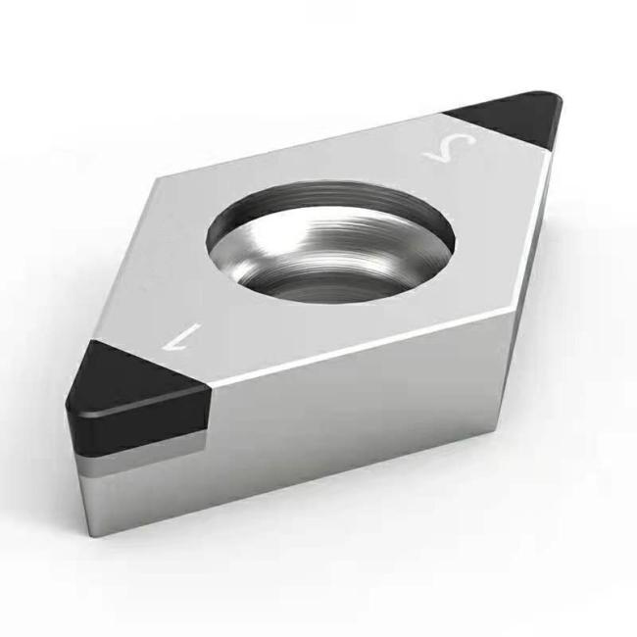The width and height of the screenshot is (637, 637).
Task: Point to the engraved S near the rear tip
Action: [451, 149]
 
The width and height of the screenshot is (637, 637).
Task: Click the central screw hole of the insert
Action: [330, 242]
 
